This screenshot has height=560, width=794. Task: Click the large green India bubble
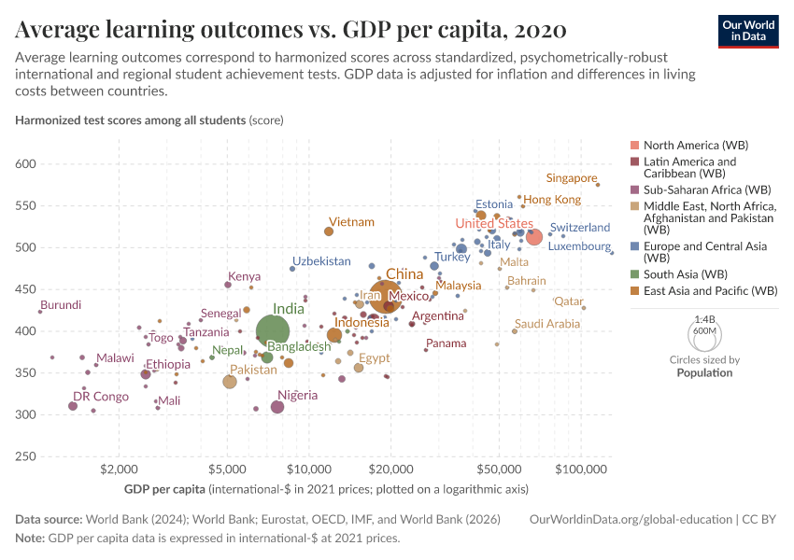tap(272, 331)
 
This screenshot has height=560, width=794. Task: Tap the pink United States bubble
tap(534, 237)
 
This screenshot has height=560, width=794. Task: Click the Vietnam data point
tap(329, 231)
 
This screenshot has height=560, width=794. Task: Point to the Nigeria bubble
tap(277, 407)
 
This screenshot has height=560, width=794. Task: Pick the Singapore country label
tap(571, 178)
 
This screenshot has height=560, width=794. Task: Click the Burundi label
tap(61, 305)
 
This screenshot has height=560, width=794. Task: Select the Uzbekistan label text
tap(321, 261)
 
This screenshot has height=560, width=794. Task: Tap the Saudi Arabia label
tap(547, 324)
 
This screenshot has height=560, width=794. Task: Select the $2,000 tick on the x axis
tap(118, 467)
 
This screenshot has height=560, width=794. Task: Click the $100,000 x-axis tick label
tap(581, 467)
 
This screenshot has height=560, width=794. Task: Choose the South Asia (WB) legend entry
tap(686, 274)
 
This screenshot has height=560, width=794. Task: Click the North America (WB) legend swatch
tap(634, 146)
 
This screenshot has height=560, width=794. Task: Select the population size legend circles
tap(704, 332)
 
